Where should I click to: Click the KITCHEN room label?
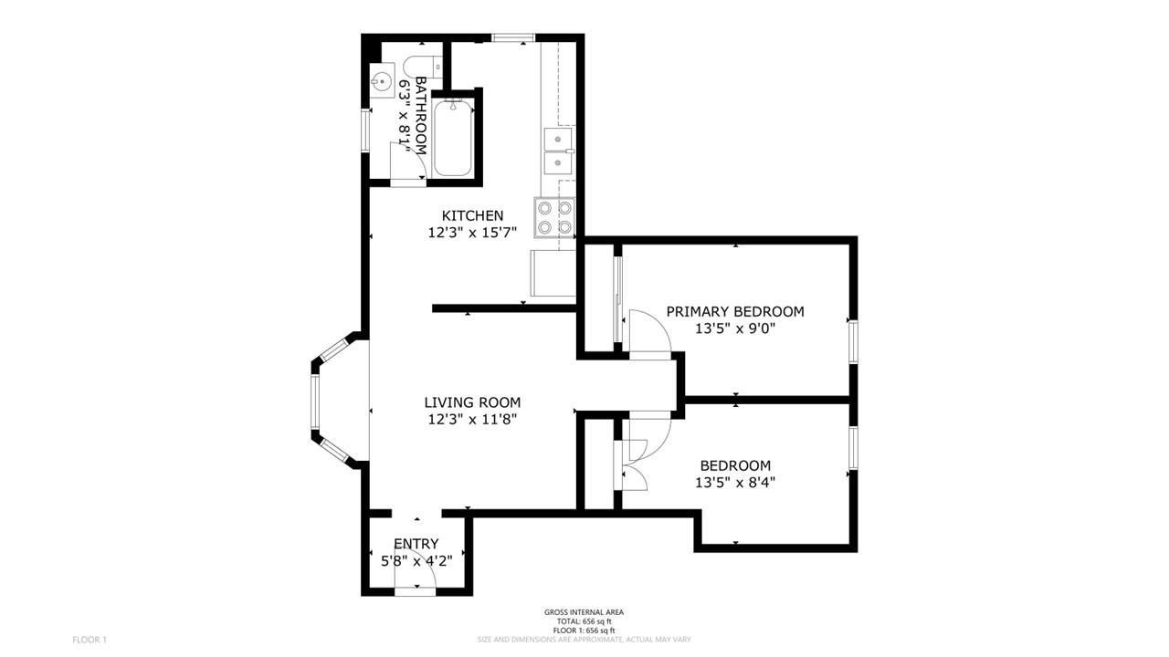(472, 215)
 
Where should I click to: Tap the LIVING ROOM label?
(472, 402)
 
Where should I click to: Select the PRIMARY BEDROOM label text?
(735, 312)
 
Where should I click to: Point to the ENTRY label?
(416, 544)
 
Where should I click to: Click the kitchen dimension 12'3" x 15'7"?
(472, 233)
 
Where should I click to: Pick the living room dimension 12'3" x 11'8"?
(472, 419)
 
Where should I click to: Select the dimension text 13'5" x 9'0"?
(735, 328)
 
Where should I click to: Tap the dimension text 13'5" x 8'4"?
(735, 483)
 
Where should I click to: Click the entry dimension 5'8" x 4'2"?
(416, 561)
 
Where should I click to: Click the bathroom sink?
(382, 81)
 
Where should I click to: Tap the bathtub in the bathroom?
(453, 138)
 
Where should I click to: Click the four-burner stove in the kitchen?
(554, 218)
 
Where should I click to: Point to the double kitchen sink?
(557, 151)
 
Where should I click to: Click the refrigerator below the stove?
(553, 273)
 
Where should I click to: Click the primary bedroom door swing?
(650, 331)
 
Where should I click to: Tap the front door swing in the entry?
(415, 573)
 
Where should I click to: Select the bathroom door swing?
(408, 161)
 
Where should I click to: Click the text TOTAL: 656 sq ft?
(584, 621)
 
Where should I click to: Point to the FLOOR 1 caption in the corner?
(90, 640)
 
